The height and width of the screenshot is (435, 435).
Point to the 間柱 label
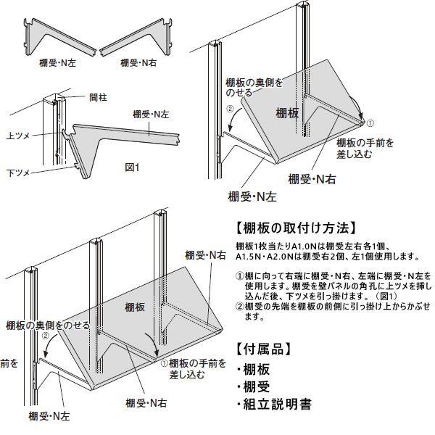[98, 96]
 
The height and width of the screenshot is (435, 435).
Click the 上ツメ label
[17, 136]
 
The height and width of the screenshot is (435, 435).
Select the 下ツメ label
[17, 173]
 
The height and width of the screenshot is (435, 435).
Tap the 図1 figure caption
[131, 167]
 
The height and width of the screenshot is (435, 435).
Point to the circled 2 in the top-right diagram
[230, 110]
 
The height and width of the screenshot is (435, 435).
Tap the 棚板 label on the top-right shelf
[287, 112]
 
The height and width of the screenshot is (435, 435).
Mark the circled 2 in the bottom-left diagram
[45, 336]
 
